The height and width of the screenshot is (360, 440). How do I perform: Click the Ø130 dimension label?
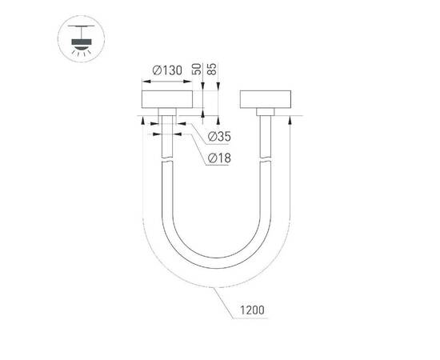point(166,70)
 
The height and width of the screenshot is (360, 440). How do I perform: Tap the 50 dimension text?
point(197,70)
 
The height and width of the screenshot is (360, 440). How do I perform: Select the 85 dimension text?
point(211,70)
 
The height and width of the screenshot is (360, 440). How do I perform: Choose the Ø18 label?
point(218,158)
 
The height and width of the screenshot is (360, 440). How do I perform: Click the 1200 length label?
point(250,308)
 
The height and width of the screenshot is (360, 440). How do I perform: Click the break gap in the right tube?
point(266,158)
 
